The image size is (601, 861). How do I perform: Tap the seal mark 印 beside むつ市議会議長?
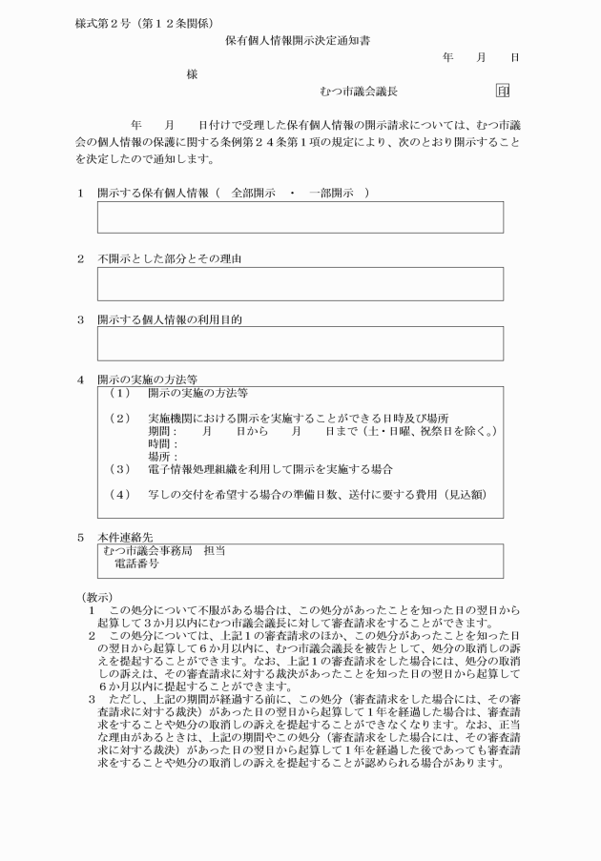click(x=503, y=92)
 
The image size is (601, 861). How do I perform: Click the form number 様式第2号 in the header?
click(x=104, y=22)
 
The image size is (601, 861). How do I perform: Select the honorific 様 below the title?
click(x=193, y=75)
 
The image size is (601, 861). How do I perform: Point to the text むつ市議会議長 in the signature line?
click(x=360, y=92)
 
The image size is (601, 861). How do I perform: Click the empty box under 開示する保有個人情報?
click(x=300, y=217)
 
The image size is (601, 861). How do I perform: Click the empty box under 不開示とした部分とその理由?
click(x=300, y=284)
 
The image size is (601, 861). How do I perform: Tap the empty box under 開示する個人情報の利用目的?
click(x=300, y=343)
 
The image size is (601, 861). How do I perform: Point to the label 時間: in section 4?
click(x=163, y=444)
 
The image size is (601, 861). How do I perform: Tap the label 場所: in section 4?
click(x=163, y=457)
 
